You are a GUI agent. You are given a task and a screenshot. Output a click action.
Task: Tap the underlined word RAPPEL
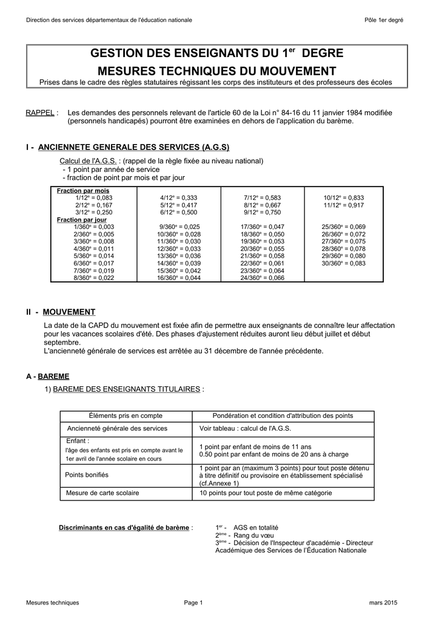click(x=40, y=113)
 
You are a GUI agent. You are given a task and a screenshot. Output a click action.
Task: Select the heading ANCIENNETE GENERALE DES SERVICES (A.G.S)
click(x=133, y=148)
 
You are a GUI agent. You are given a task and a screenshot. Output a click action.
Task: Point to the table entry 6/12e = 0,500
click(x=178, y=213)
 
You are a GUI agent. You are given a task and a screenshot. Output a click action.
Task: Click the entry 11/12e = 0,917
click(x=343, y=205)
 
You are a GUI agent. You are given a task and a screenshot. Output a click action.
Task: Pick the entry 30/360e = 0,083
click(x=343, y=263)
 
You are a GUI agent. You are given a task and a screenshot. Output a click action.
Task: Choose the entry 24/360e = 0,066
click(x=262, y=278)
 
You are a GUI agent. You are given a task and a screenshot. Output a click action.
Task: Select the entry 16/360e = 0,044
click(x=178, y=278)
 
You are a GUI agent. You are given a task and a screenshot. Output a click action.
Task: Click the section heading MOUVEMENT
click(x=69, y=312)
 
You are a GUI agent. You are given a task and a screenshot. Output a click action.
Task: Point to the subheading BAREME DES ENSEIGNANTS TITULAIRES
click(x=127, y=389)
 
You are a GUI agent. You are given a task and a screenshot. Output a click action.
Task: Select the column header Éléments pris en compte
click(x=126, y=415)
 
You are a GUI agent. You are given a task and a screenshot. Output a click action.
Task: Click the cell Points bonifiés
click(x=87, y=475)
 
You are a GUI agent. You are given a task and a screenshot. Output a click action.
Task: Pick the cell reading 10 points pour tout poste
click(x=266, y=493)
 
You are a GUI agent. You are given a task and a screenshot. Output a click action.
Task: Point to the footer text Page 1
click(x=193, y=603)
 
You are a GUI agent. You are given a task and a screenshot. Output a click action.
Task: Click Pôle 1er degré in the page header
click(x=383, y=20)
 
